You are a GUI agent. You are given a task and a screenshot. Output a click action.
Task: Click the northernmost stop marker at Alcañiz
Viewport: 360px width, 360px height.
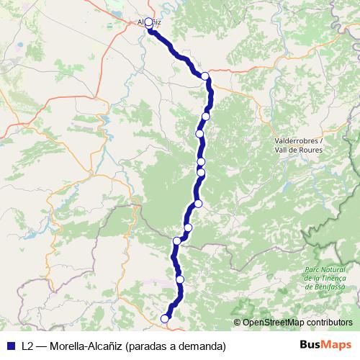point(149,23)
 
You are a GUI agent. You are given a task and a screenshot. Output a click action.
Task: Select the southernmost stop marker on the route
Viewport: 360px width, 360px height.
point(165,318)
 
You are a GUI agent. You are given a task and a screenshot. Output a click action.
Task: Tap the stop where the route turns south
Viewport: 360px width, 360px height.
point(205,76)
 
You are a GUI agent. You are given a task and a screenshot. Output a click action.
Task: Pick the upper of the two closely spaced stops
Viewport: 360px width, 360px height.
point(201,161)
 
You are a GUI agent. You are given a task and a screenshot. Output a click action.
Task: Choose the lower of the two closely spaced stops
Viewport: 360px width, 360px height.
point(201,172)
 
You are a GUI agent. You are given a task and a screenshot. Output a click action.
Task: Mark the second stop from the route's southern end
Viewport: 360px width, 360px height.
point(180,279)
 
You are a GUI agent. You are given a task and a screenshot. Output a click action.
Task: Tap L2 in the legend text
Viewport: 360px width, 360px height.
point(27,345)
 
